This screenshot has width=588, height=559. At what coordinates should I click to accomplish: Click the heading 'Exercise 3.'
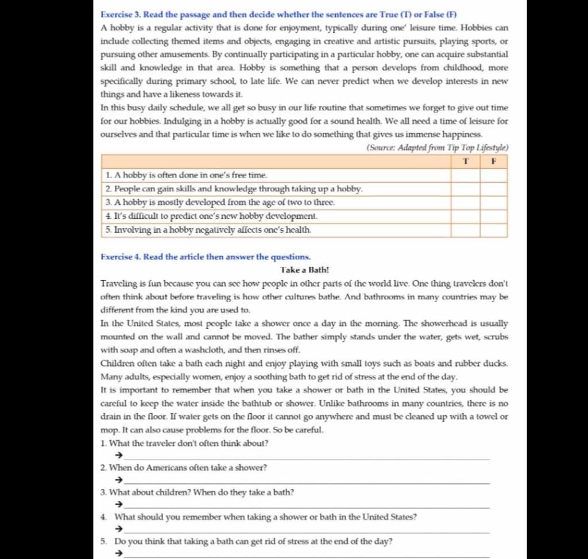(122, 14)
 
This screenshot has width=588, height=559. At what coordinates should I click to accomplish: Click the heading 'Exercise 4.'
(122, 257)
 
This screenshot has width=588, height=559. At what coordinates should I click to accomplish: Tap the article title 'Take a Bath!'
(304, 269)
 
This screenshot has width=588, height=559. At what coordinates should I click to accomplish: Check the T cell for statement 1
(465, 175)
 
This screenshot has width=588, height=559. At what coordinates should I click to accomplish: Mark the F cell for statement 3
(494, 203)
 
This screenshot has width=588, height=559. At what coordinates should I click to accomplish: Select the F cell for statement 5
(494, 230)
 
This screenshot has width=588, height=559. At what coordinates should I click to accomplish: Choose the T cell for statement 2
(465, 188)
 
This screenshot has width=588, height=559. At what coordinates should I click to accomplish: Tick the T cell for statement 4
(465, 216)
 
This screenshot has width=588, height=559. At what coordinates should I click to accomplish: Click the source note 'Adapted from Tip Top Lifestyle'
(437, 148)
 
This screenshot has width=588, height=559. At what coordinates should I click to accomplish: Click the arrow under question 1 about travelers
(119, 456)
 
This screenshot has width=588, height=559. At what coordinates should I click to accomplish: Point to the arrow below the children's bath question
(119, 505)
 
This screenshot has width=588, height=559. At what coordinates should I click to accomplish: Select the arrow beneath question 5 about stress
(119, 554)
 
